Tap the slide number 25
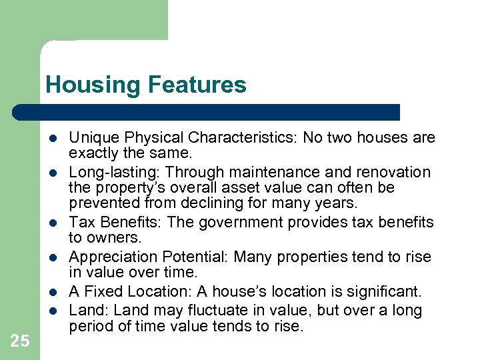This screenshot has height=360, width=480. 20,341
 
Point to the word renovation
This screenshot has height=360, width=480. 397,173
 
